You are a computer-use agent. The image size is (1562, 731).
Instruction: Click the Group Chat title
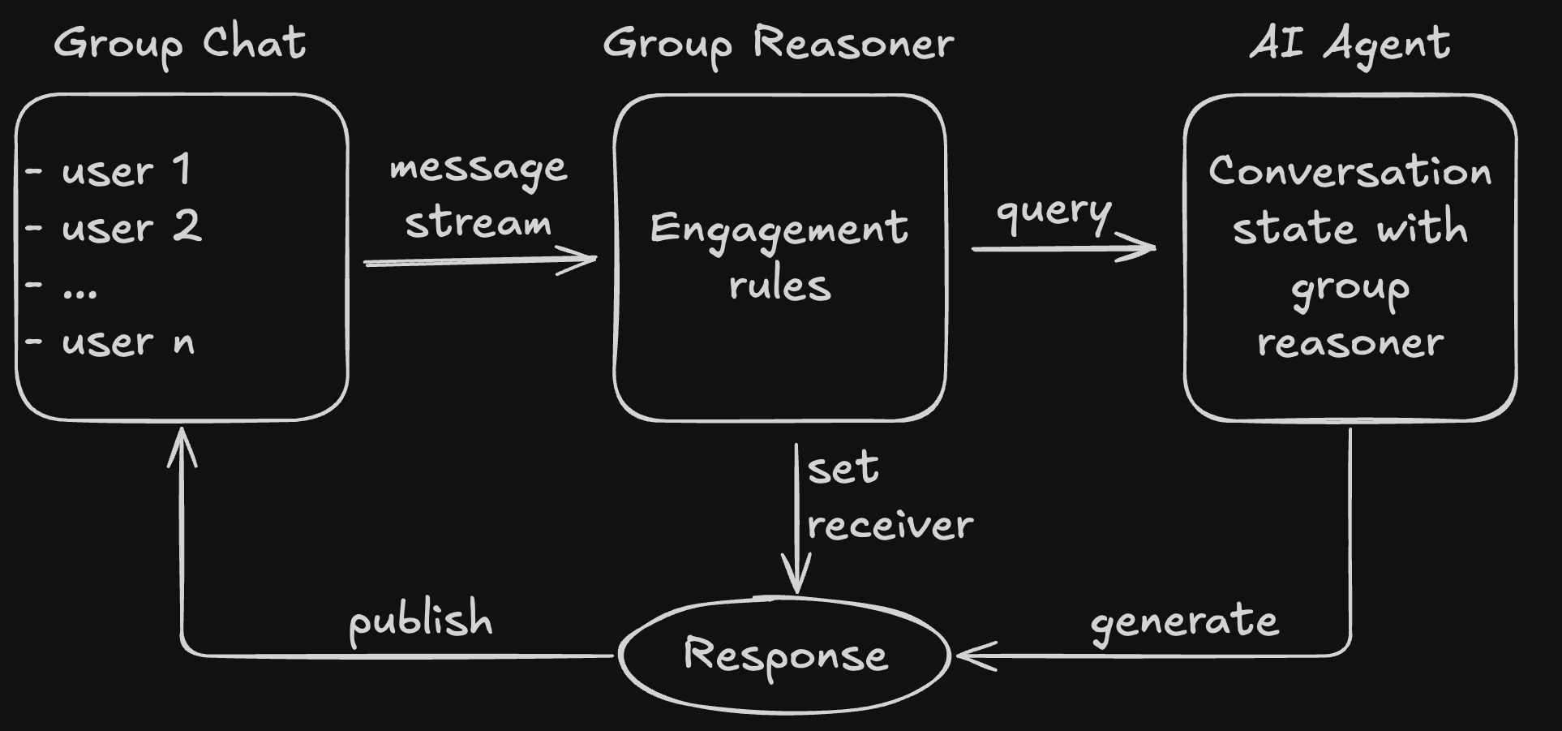pyautogui.click(x=180, y=43)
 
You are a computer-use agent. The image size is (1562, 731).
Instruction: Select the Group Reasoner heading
pyautogui.click(x=778, y=43)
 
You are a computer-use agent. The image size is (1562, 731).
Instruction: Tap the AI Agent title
pyautogui.click(x=1350, y=43)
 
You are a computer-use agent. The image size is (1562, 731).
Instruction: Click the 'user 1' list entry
pyautogui.click(x=126, y=170)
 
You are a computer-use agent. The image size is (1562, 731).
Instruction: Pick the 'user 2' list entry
pyautogui.click(x=131, y=227)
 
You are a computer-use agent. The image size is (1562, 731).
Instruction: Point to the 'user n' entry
pyautogui.click(x=128, y=342)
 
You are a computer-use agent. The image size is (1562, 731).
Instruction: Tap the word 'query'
pyautogui.click(x=1053, y=212)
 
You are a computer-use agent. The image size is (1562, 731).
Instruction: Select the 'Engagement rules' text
pyautogui.click(x=779, y=256)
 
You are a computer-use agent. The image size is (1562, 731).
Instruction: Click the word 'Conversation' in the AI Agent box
pyautogui.click(x=1350, y=171)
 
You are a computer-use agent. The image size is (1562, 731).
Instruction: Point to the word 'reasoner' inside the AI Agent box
pyautogui.click(x=1350, y=343)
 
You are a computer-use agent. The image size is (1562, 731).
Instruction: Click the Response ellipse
pyautogui.click(x=784, y=655)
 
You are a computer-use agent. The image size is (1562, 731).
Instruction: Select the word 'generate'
pyautogui.click(x=1184, y=622)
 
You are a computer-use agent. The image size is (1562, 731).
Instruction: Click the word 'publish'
pyautogui.click(x=420, y=621)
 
